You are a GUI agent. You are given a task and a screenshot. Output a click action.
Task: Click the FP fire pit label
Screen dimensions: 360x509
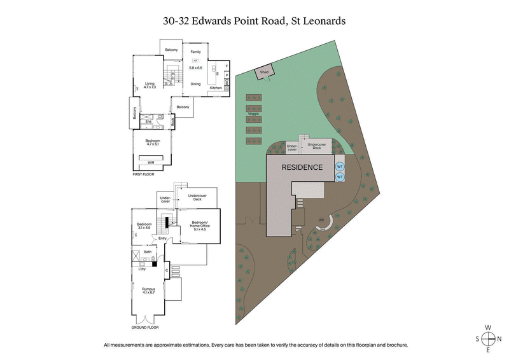pyautogui.click(x=320, y=221)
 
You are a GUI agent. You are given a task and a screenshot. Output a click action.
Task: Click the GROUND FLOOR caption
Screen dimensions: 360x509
pyautogui.click(x=144, y=328)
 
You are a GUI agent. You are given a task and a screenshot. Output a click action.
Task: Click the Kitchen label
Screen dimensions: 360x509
pyautogui.click(x=216, y=88)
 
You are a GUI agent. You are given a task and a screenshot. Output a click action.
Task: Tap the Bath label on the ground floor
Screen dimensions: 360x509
pyautogui.click(x=148, y=253)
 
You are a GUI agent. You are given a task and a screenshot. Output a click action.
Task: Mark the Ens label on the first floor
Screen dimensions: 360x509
pyautogui.click(x=148, y=121)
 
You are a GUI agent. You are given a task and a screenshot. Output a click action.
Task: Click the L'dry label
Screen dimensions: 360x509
pyautogui.click(x=143, y=268)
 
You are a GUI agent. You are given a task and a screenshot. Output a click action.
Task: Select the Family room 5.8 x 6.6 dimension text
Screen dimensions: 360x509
pyautogui.click(x=195, y=67)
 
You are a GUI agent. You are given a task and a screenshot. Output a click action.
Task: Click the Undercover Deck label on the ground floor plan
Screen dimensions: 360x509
pyautogui.click(x=202, y=197)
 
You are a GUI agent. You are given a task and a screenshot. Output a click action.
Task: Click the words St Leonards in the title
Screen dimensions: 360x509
pyautogui.click(x=318, y=21)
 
